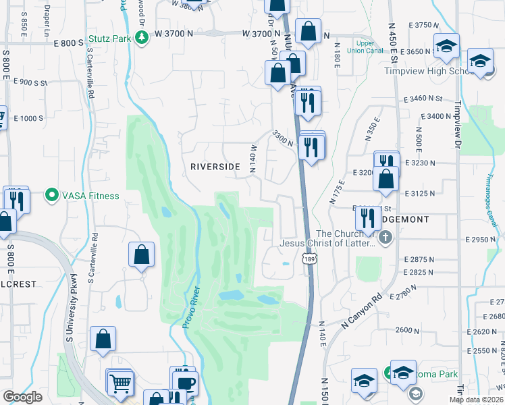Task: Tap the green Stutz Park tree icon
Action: [140, 38]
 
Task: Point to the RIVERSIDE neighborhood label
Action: [215, 166]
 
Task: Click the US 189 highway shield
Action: [309, 259]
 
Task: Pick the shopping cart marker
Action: [120, 383]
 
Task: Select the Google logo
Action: [22, 398]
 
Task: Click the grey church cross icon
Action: [385, 237]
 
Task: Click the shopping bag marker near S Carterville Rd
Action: [142, 255]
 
